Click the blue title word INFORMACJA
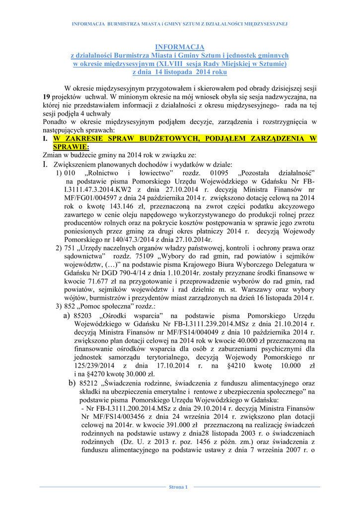[x=180, y=47]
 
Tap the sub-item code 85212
[x=89, y=383]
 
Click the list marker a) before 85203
[x=67, y=316]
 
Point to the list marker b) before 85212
[x=72, y=383]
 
